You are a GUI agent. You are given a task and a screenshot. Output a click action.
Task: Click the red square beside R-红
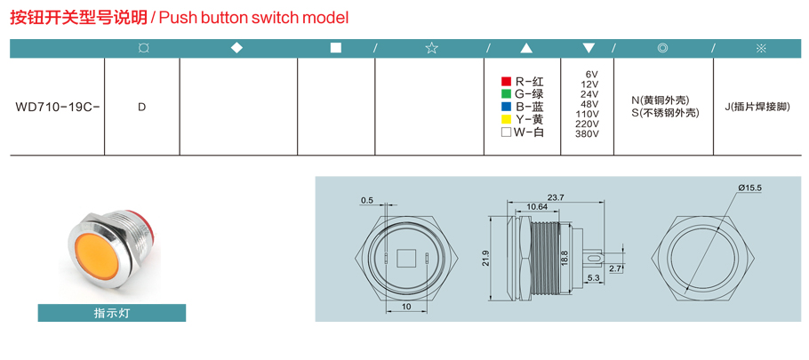tap(506, 82)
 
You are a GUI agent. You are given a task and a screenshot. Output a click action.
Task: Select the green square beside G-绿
tap(506, 94)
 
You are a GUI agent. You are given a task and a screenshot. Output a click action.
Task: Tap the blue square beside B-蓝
tap(506, 107)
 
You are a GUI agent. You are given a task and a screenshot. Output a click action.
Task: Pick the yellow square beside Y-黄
tap(506, 120)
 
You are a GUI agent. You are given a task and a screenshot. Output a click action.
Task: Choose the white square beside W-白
tap(506, 132)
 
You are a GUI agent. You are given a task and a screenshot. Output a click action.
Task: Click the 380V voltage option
tap(587, 133)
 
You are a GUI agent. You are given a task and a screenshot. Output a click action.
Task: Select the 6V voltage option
tap(591, 74)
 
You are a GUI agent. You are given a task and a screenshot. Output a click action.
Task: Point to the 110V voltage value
tap(587, 114)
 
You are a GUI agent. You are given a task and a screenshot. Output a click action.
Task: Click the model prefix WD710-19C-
tap(57, 108)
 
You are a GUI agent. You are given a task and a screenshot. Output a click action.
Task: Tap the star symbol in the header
tap(431, 49)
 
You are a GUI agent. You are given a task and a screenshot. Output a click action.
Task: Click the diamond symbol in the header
tap(236, 48)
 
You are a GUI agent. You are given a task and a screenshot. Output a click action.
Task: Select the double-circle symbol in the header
tap(663, 48)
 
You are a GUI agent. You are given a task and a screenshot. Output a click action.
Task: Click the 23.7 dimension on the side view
tap(557, 197)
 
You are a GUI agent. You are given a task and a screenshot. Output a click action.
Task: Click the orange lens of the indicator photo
tap(98, 257)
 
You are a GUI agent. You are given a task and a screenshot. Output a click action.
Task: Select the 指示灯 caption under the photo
tap(111, 313)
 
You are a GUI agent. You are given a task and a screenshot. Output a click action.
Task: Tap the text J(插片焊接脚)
tap(757, 108)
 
